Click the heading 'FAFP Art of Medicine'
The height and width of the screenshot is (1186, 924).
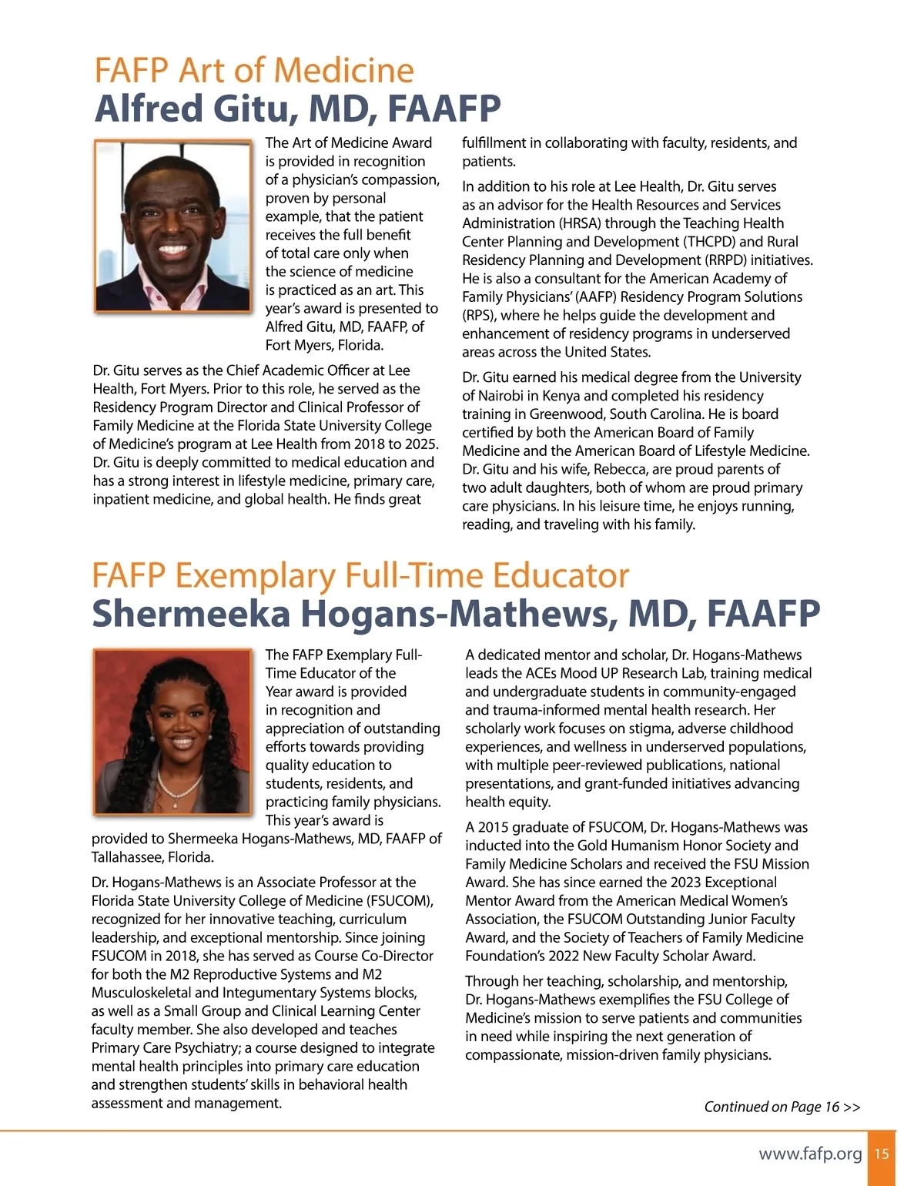pos(254,70)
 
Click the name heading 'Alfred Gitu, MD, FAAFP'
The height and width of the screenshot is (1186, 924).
pos(297,108)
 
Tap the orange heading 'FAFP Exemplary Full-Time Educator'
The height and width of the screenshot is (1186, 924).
pos(360,575)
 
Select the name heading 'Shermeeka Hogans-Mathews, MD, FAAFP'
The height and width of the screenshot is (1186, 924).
pos(456,614)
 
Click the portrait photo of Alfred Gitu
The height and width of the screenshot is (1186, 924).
pos(173,225)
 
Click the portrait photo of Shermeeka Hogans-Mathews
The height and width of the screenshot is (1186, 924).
pos(172,731)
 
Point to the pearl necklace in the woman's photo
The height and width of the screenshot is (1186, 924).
pos(179,786)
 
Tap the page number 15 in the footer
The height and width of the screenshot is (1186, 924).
pos(882,1154)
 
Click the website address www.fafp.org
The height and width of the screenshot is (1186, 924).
pos(810,1154)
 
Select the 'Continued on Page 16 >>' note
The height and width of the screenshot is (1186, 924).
pos(782,1107)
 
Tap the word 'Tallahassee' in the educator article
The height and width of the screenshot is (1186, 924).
pos(128,857)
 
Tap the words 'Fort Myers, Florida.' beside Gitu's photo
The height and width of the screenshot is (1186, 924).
pos(324,345)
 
